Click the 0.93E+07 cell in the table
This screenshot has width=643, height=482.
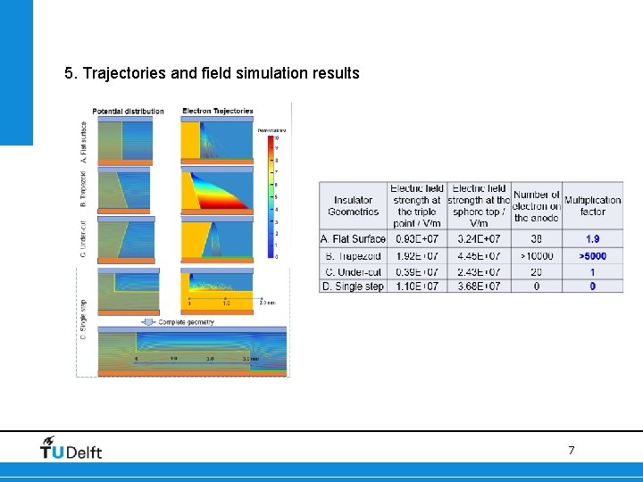point(417,239)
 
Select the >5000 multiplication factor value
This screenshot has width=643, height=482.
point(592,256)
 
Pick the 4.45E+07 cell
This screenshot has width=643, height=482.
point(479,256)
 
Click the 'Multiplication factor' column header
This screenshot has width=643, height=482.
point(592,206)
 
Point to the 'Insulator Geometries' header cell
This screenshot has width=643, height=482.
point(353,206)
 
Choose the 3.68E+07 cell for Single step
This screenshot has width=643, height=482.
point(479,287)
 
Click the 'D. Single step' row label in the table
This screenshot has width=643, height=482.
point(353,287)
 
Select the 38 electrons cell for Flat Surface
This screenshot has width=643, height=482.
point(536,239)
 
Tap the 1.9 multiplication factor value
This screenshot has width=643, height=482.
point(592,239)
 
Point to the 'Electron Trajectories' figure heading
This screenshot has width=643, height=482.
point(218,112)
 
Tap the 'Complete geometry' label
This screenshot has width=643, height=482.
point(187,321)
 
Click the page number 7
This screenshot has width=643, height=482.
point(572,451)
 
